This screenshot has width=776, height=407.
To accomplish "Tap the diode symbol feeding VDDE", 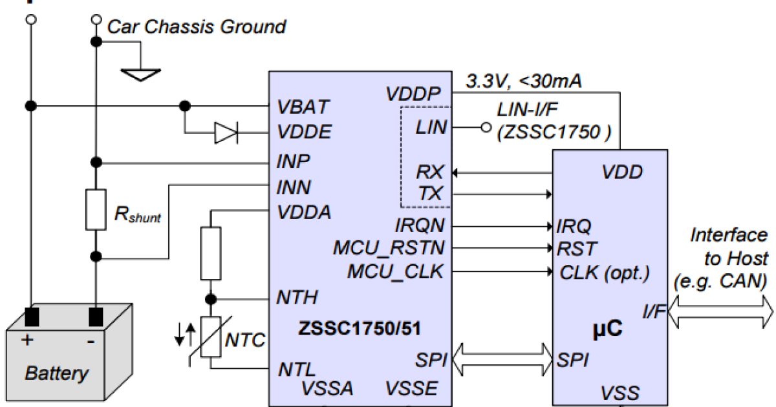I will (x=226, y=133).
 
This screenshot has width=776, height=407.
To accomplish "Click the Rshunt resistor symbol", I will (x=95, y=210).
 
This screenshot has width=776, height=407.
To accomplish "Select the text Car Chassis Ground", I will (x=196, y=26).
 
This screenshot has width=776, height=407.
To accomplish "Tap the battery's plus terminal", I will (x=30, y=317).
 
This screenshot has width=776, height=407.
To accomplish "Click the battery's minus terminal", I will (x=96, y=317).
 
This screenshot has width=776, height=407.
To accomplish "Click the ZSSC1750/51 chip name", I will (x=360, y=328).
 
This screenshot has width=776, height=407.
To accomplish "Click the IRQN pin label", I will (x=420, y=226).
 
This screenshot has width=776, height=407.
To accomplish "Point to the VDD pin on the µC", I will (x=621, y=172).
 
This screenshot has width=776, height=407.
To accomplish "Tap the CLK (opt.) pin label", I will (x=604, y=271).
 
